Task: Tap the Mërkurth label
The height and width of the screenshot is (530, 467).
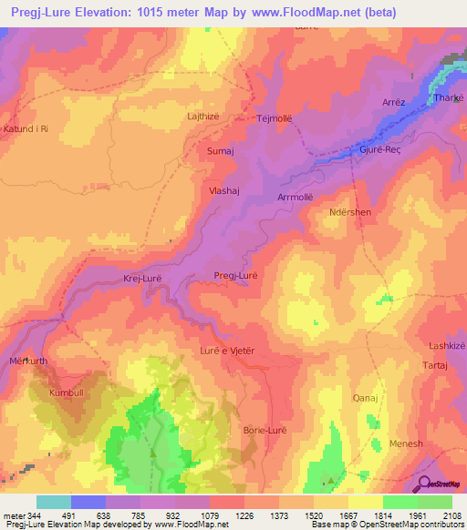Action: coord(26,360)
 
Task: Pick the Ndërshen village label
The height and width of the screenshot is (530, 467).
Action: coord(349,212)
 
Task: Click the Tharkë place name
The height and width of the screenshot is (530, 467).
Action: coord(450,98)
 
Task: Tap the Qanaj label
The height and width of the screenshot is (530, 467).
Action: coord(365,398)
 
